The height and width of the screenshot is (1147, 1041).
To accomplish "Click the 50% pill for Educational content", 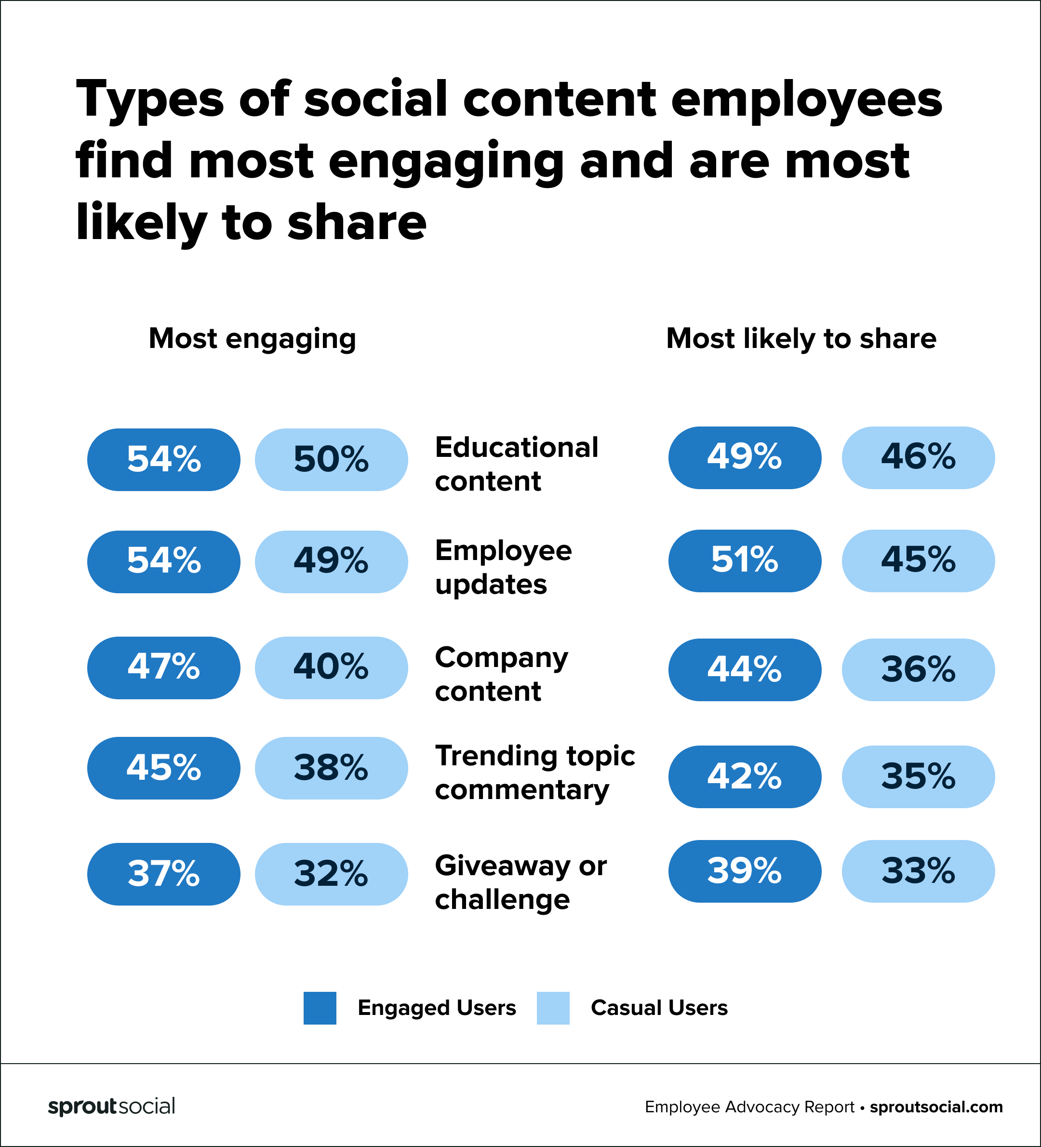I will point(331,459).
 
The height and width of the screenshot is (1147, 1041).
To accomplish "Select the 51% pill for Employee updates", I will point(744,560).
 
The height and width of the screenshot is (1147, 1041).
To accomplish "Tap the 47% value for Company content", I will point(163,667).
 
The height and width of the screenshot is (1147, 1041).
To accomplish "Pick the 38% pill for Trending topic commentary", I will point(331,768).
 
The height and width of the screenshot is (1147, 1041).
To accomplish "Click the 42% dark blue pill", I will point(744,776).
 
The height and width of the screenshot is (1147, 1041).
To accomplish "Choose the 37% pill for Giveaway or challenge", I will point(163,873).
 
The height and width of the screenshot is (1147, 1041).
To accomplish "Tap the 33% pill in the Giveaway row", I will point(918,870).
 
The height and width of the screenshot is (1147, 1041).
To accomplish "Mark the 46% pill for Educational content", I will point(918,457).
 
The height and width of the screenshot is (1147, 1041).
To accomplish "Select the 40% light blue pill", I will point(331,667).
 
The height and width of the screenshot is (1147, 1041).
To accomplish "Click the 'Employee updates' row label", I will point(503,567).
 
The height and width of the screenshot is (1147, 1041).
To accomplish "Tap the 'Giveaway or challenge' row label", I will point(520,882).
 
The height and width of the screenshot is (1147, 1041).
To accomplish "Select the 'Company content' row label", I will point(501,674).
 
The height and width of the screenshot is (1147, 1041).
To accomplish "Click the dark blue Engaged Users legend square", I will point(320,1008).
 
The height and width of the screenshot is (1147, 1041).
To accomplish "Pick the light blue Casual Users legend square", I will point(553,1008).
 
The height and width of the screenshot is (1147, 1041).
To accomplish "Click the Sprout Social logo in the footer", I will point(111,1107).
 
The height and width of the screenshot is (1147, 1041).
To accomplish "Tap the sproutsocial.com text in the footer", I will point(936,1107).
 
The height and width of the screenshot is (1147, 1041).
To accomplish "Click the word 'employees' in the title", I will point(806,101).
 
